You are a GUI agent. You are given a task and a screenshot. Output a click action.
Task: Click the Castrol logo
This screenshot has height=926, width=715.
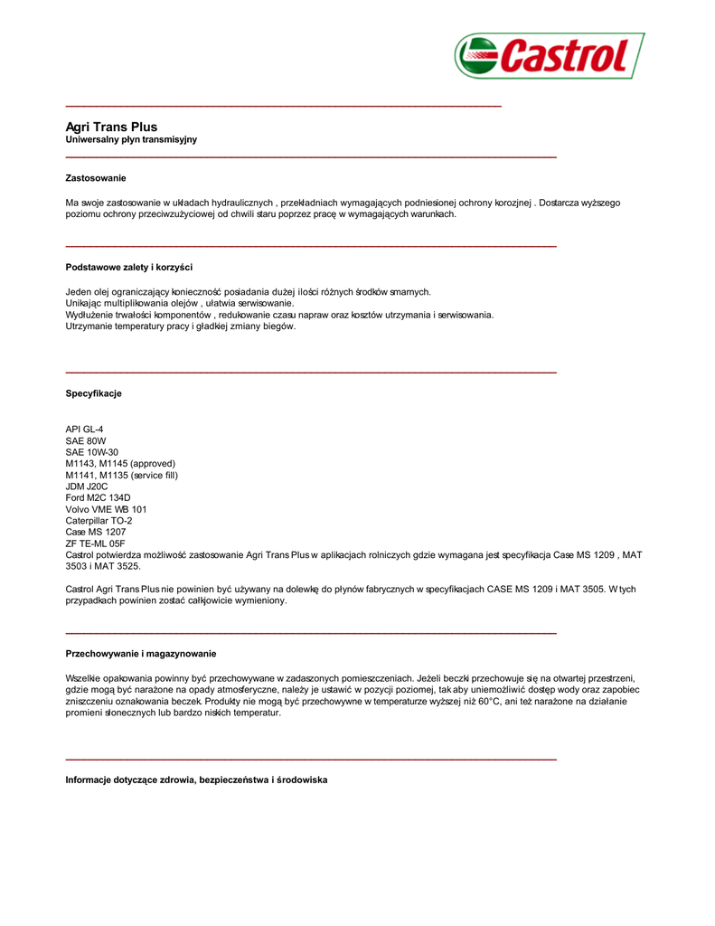tap(549, 56)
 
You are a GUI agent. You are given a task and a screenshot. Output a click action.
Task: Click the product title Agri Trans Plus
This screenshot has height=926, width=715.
tap(111, 128)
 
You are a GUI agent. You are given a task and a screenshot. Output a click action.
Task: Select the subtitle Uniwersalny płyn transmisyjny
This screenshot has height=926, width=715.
tap(131, 140)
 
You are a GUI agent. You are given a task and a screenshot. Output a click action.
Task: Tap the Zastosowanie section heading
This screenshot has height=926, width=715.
tap(96, 178)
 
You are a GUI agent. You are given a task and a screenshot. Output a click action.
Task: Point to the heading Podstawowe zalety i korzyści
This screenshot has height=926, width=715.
tap(128, 268)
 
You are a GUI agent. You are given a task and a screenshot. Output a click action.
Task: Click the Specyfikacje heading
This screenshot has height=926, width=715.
tap(93, 394)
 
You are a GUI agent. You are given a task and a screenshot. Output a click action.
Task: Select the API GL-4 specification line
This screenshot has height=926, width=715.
tap(84, 429)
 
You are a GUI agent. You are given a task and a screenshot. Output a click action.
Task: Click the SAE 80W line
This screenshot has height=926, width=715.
tap(86, 440)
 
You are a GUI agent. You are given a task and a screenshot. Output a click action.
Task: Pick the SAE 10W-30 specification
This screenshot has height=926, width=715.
tap(91, 452)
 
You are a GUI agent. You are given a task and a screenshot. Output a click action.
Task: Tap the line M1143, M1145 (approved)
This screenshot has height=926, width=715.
tap(120, 463)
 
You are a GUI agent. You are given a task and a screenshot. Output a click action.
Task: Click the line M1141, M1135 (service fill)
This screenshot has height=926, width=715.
tap(122, 475)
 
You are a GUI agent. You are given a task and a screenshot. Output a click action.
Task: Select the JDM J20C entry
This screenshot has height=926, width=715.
tap(87, 487)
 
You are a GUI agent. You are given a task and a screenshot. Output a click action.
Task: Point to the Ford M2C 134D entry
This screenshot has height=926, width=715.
tap(98, 498)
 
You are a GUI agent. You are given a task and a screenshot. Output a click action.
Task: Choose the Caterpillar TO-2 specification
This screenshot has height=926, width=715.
tap(99, 521)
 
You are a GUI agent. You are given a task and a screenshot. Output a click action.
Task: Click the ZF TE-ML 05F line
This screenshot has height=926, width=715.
tap(95, 543)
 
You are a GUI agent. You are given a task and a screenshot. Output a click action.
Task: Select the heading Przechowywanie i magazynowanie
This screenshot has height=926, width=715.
tap(141, 654)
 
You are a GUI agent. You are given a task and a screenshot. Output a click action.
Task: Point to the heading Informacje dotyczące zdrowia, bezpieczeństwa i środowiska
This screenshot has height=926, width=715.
tap(196, 780)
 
